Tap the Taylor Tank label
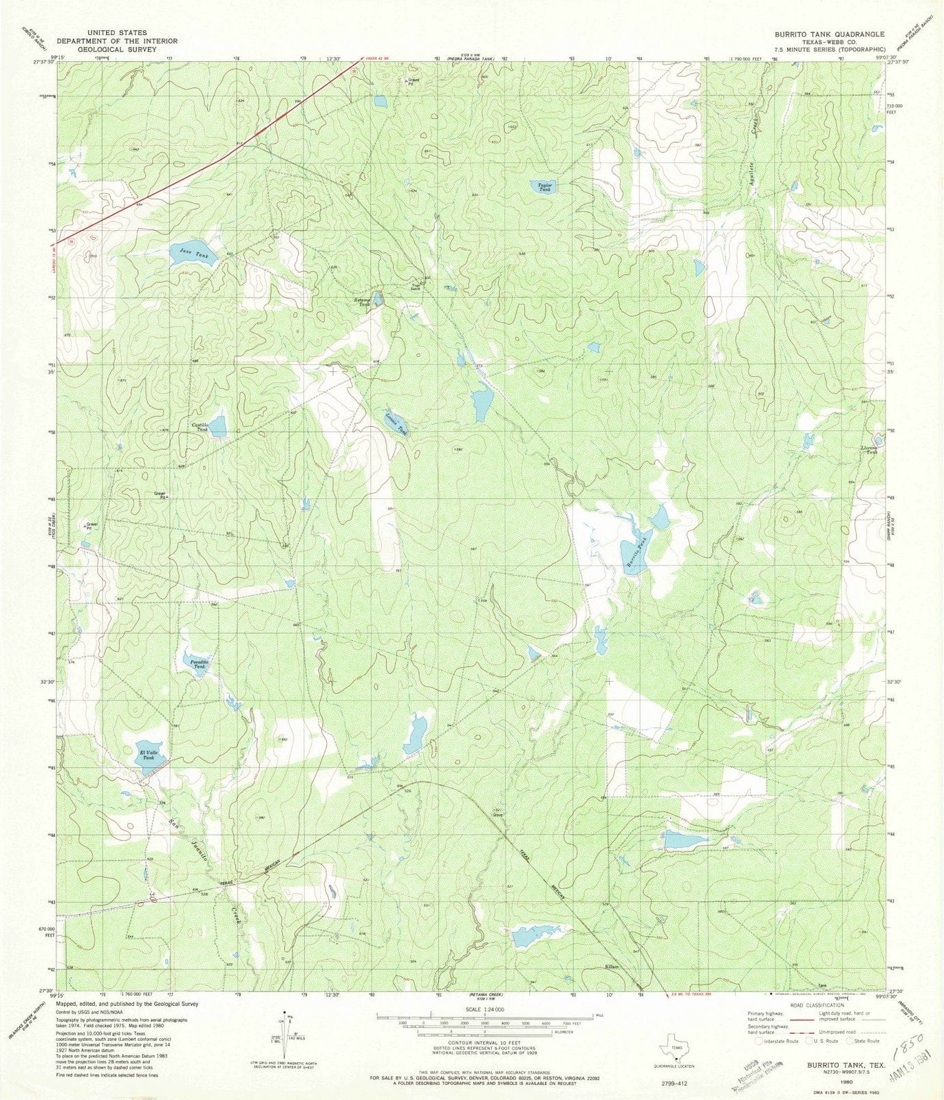click(545, 186)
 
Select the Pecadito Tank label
click(197, 664)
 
